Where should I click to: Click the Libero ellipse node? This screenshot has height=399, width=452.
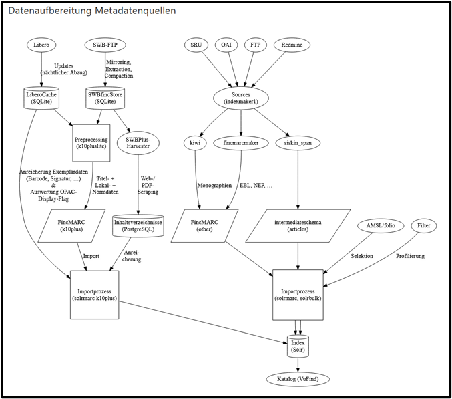pos(41,45)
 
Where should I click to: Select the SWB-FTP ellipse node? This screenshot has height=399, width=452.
pos(105,45)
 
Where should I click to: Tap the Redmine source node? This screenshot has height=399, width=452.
pos(292,45)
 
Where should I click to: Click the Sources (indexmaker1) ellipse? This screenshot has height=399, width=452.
pos(241,98)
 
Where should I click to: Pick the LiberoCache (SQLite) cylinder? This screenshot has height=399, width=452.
pos(41,98)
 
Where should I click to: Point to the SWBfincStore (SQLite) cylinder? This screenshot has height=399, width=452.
pos(105,98)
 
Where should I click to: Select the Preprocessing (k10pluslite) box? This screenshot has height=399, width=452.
pos(91,143)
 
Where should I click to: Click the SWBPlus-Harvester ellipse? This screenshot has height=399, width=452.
pos(138,143)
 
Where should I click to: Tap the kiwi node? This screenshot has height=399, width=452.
pos(195,143)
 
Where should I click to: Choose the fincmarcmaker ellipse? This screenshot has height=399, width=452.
pos(241,143)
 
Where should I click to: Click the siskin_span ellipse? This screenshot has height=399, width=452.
pos(298,143)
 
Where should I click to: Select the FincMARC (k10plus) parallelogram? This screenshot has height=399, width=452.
pos(71,226)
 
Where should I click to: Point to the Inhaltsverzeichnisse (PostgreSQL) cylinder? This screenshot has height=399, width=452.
pos(138,226)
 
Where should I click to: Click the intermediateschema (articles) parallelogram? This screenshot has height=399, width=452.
pos(298,226)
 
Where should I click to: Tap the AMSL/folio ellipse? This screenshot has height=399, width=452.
pos(381,226)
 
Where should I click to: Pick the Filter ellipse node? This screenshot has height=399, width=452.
pos(424,226)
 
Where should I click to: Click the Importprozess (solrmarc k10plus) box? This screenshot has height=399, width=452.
pos(95,295)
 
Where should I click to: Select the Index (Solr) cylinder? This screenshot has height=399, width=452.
pos(298,346)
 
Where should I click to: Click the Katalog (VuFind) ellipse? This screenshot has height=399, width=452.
pos(298,379)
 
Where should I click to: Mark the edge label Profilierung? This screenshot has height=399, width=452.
pos(410,256)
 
